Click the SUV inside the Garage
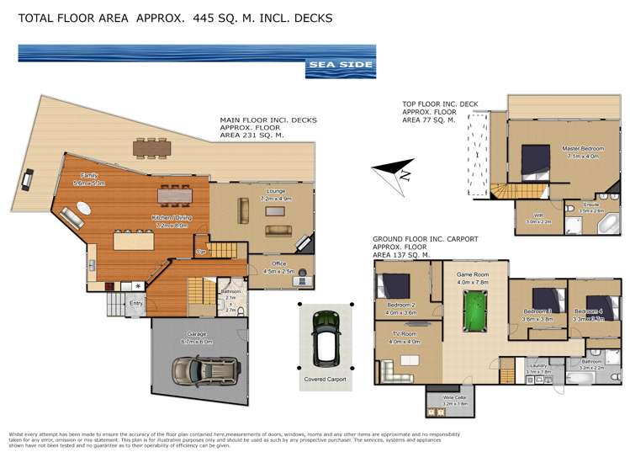tap(205, 369)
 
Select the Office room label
tap(278, 263)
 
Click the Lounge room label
tap(277, 191)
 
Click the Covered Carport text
tap(325, 380)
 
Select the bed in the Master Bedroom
tap(535, 159)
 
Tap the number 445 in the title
tap(208, 17)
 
